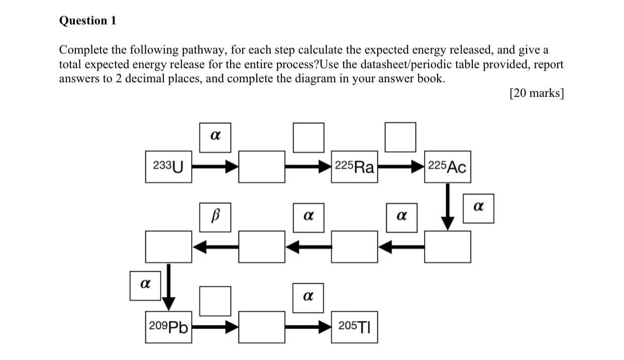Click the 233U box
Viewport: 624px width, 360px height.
168,166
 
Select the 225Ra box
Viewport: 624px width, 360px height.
354,167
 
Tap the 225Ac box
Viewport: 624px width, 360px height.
447,167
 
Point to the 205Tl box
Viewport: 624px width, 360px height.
354,327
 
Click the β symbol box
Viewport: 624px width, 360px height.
215,217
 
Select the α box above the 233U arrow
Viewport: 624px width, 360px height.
215,136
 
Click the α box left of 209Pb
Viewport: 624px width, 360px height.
145,285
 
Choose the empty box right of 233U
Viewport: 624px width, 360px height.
261,167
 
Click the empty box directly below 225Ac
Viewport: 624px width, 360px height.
447,247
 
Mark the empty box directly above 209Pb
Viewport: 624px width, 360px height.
168,247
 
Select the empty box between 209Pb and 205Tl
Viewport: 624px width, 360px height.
261,328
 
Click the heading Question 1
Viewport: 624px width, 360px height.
87,21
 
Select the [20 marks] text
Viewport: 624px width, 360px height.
536,93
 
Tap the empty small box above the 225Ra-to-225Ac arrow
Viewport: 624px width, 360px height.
400,137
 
